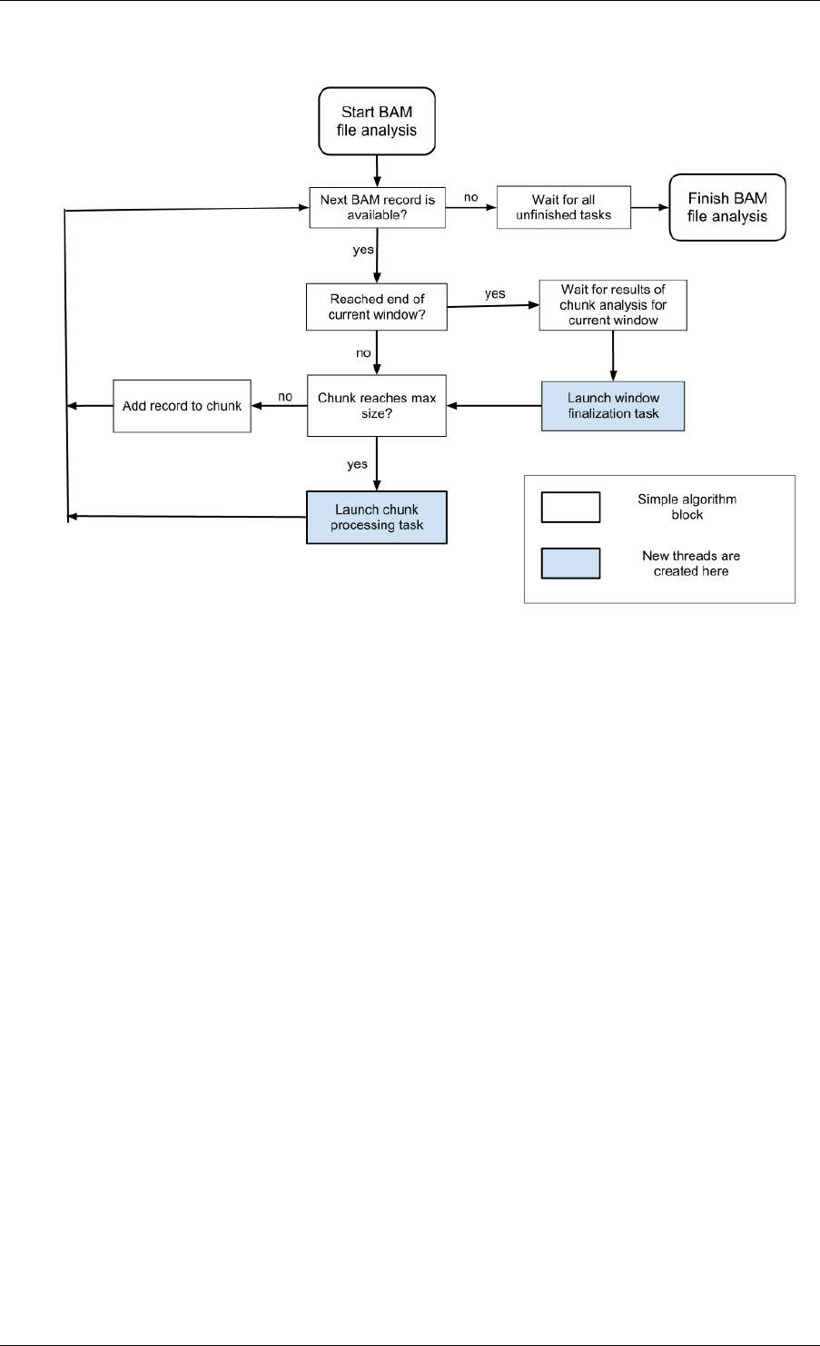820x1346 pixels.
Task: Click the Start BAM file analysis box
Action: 377,121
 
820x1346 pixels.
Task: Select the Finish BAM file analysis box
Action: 727,207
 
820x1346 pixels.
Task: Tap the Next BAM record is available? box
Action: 377,207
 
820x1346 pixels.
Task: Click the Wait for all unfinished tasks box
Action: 564,207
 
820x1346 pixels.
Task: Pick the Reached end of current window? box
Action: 377,306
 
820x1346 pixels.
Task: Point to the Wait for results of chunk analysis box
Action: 613,304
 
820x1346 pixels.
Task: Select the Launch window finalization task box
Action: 613,406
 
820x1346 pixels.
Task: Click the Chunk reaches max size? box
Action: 377,406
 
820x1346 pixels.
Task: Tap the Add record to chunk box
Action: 182,406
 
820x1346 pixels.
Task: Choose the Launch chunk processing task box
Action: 377,518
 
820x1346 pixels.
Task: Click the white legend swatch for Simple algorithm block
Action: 570,507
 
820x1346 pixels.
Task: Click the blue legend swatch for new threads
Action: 570,563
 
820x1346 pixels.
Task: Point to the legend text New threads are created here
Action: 691,563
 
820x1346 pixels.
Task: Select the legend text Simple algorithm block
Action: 687,507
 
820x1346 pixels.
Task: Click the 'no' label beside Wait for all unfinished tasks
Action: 471,197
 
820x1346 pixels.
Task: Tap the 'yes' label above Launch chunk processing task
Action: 357,464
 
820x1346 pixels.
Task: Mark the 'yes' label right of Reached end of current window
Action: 495,294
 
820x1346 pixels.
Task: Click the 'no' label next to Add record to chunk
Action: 285,397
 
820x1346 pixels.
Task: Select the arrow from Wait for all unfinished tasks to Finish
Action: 650,207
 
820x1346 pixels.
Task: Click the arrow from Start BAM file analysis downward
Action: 377,172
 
